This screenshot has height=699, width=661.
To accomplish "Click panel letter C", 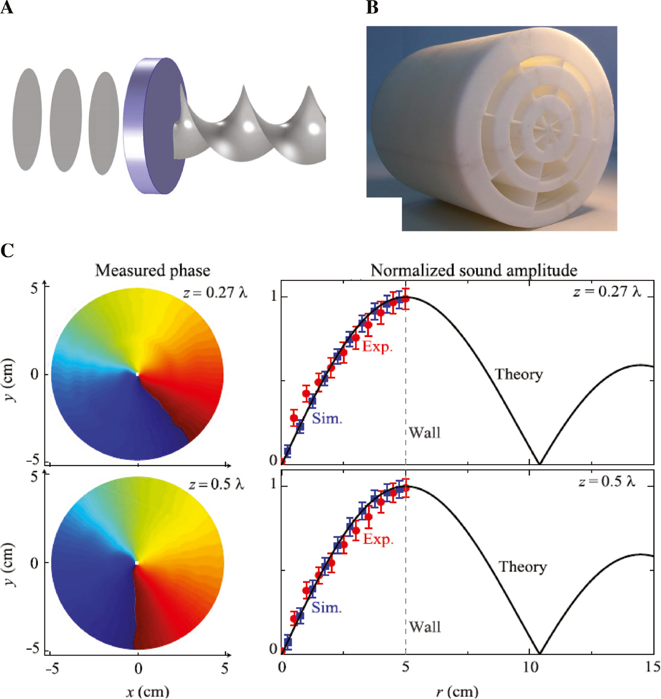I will coord(7,250).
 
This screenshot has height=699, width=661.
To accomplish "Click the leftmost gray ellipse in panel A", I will coord(27,119).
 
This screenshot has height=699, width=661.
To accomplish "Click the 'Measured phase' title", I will coord(153,270).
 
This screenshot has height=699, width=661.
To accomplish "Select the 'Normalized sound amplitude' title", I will coord(474,270).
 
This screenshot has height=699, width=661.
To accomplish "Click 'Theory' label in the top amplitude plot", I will coord(519,374).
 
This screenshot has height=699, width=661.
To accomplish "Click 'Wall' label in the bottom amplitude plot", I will coord(425,626).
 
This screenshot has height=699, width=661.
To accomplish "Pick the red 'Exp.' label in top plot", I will coord(378,346).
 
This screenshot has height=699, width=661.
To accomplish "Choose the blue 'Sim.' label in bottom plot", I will coord(326,608).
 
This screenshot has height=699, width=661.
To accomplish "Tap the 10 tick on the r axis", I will coord(530,667).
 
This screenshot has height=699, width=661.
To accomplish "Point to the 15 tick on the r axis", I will coord(652,667).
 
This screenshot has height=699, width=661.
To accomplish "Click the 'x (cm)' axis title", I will coord(147,691).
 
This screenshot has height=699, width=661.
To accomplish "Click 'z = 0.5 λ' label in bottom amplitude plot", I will coord(607,481).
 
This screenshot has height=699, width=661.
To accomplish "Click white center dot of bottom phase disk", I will coord(137,563).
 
